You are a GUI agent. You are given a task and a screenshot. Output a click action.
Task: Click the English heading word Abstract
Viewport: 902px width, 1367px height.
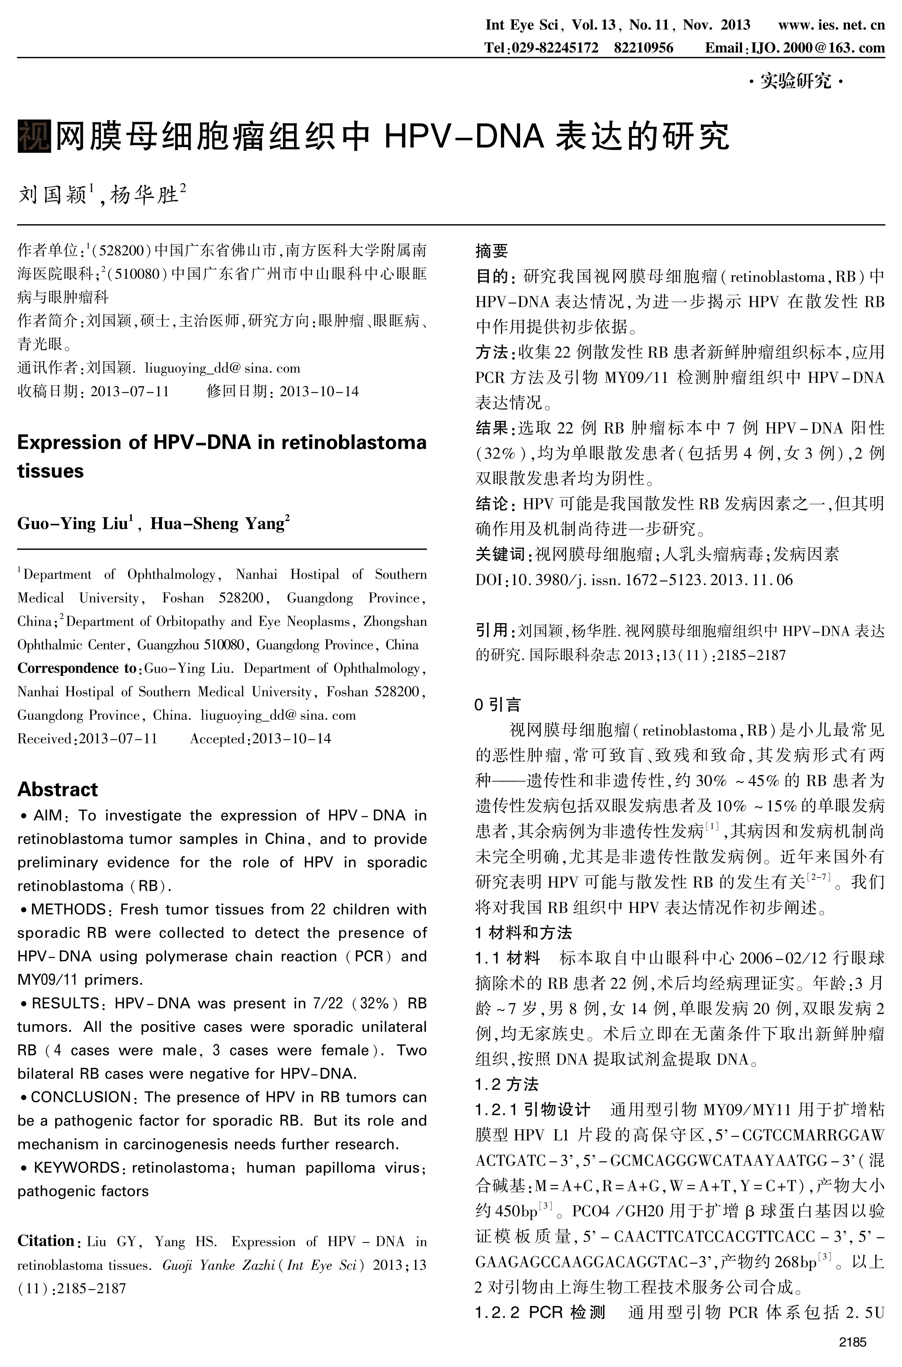[57, 789]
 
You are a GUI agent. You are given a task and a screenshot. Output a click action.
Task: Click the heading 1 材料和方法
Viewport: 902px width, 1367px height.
[523, 932]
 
